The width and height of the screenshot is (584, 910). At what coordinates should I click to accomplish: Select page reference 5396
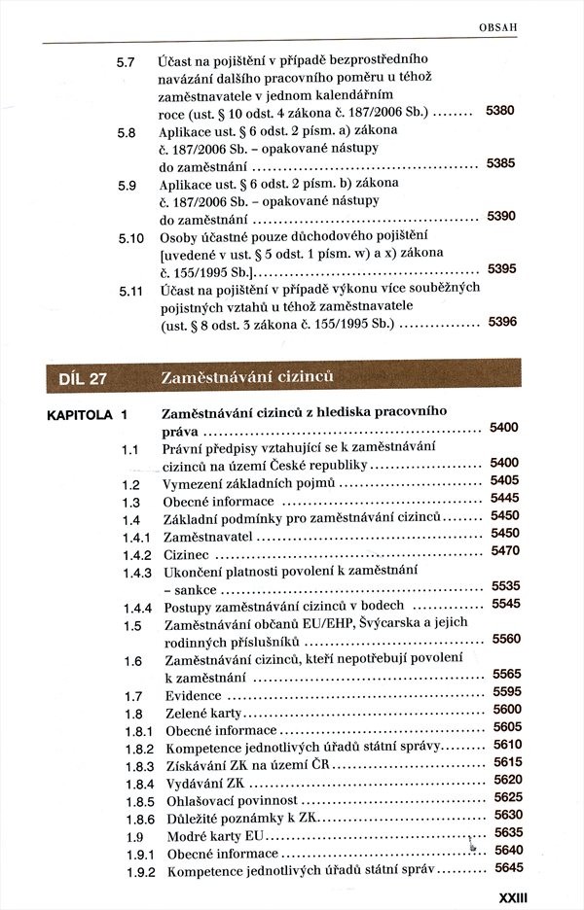click(501, 322)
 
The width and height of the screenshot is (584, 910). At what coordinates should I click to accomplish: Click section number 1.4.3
click(136, 573)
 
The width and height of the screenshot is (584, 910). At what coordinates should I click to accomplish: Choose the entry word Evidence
click(195, 696)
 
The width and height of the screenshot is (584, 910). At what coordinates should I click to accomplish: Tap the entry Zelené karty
click(205, 714)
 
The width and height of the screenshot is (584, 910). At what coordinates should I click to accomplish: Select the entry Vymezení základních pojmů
click(249, 483)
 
